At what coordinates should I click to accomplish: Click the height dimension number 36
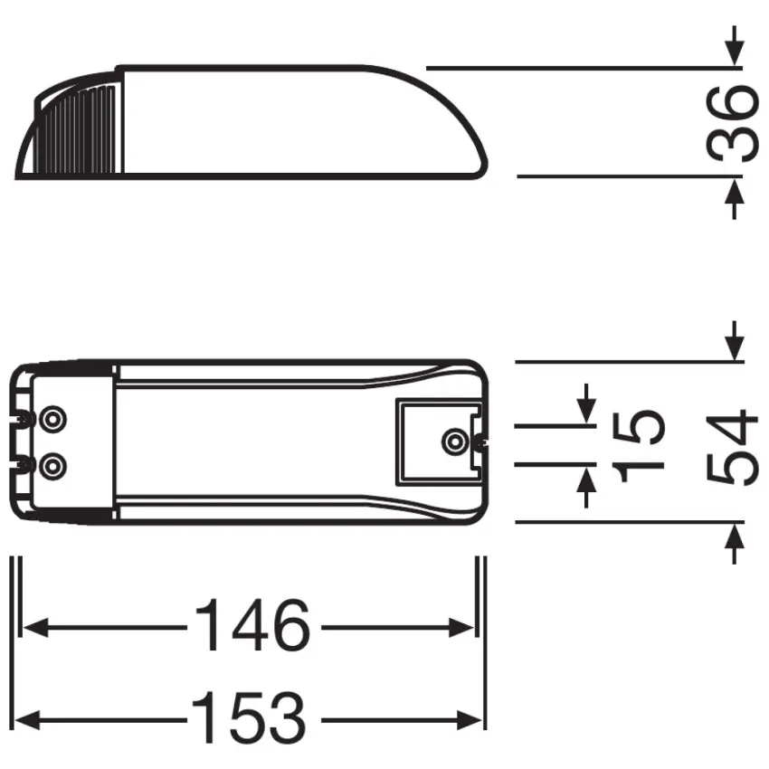[x=732, y=122]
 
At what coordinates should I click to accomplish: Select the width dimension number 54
[x=732, y=447]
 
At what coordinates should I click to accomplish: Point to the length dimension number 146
[x=252, y=626]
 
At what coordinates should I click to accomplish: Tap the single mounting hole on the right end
[x=451, y=441]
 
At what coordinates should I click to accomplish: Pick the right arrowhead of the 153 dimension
[x=474, y=720]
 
